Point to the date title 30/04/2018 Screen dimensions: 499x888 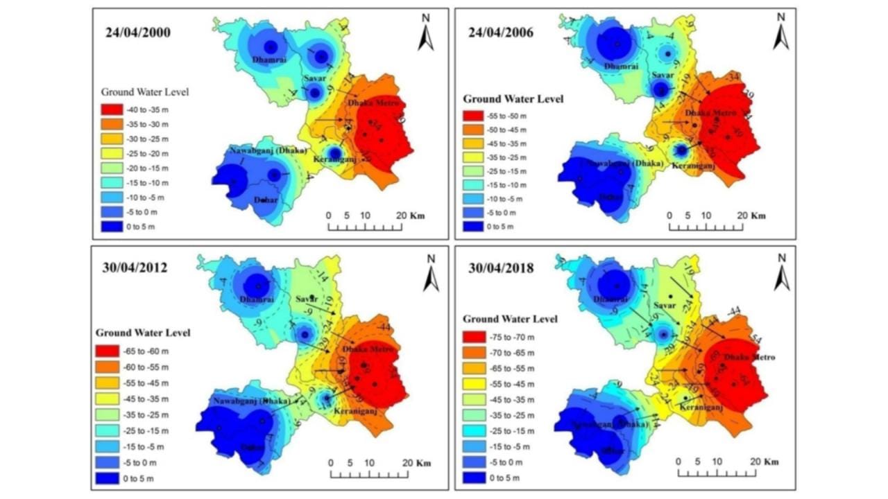coord(497,268)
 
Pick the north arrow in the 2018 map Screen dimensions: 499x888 coord(781,273)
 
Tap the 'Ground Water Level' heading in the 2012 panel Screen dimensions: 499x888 coord(143,333)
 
